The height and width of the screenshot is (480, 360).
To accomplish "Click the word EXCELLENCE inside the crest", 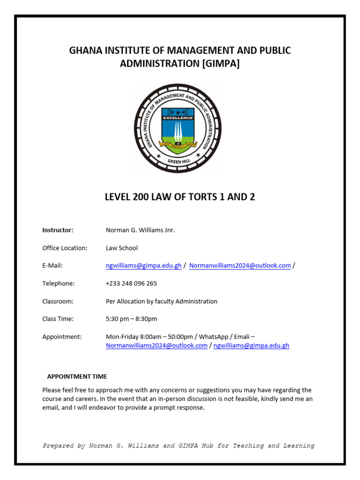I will tap(178, 118).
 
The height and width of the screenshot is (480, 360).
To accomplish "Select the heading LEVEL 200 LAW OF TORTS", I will tap(180, 197).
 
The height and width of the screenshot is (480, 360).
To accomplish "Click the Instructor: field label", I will tap(58, 230).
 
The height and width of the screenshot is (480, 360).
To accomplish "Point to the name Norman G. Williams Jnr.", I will tap(140, 230).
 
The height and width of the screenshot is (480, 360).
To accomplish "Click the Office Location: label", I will tap(65, 248).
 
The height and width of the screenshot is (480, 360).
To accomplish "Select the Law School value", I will tap(122, 248).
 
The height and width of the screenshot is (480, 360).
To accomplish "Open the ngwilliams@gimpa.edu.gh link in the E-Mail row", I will tap(143, 266).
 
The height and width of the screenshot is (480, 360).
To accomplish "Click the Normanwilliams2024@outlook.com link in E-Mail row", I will tap(240, 266).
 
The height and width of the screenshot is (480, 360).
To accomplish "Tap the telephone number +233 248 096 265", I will tap(131, 284).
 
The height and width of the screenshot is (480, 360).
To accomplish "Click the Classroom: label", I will tap(58, 301).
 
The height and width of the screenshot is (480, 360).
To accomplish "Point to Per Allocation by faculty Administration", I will tap(162, 301).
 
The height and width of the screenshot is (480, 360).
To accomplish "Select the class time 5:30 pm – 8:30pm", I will tap(132, 319).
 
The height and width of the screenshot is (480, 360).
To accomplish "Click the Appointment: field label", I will tap(62, 337).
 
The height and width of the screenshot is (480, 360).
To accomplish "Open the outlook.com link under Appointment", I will tap(157, 346).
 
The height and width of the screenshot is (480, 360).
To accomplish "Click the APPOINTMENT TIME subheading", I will tap(77, 376).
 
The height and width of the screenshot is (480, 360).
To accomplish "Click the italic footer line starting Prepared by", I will tap(179, 446).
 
